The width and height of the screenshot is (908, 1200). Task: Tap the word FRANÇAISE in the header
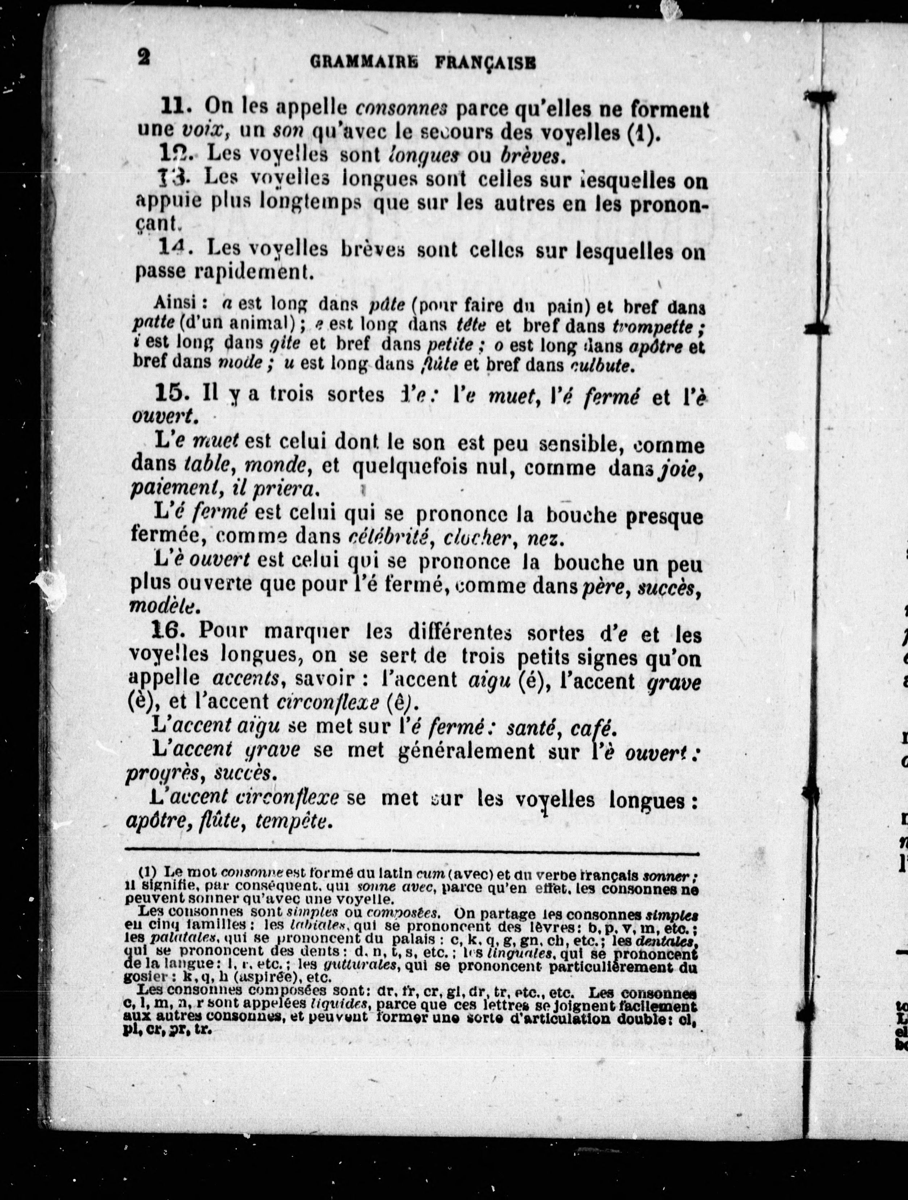pos(486,63)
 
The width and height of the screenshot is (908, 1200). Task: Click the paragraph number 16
pos(169,631)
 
